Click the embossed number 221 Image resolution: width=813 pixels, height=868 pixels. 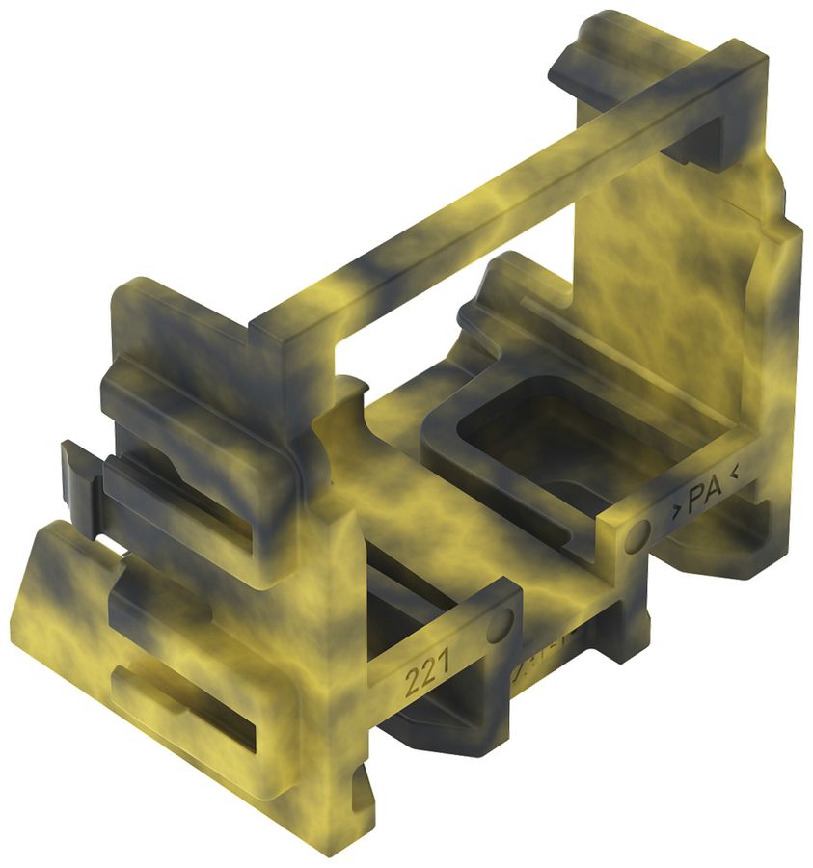[423, 680]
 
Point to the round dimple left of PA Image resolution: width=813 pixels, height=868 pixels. [637, 537]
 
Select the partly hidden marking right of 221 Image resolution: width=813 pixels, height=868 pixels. [526, 665]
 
